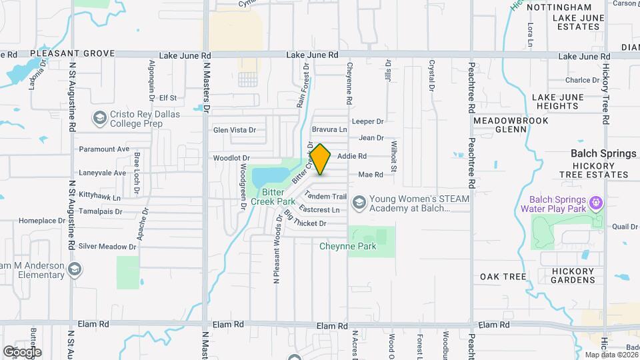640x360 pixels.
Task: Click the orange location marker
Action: [x=321, y=159]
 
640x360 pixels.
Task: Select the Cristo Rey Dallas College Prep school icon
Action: [x=100, y=118]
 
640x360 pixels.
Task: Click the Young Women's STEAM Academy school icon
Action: [x=359, y=202]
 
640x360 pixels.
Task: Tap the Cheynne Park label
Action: [x=347, y=246]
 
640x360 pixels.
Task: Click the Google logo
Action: [x=22, y=351]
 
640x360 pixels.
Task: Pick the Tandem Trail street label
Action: [x=326, y=197]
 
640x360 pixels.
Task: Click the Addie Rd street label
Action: [x=352, y=156]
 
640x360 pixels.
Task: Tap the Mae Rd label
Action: [x=371, y=175]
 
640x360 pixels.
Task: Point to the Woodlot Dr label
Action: [x=231, y=158]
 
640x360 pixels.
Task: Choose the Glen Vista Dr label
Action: [x=235, y=129]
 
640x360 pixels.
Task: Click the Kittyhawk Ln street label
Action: [x=100, y=198]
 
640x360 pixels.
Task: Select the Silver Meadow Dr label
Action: [x=107, y=246]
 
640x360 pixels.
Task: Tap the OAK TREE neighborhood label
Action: [x=503, y=276]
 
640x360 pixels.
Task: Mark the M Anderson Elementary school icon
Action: [x=75, y=269]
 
